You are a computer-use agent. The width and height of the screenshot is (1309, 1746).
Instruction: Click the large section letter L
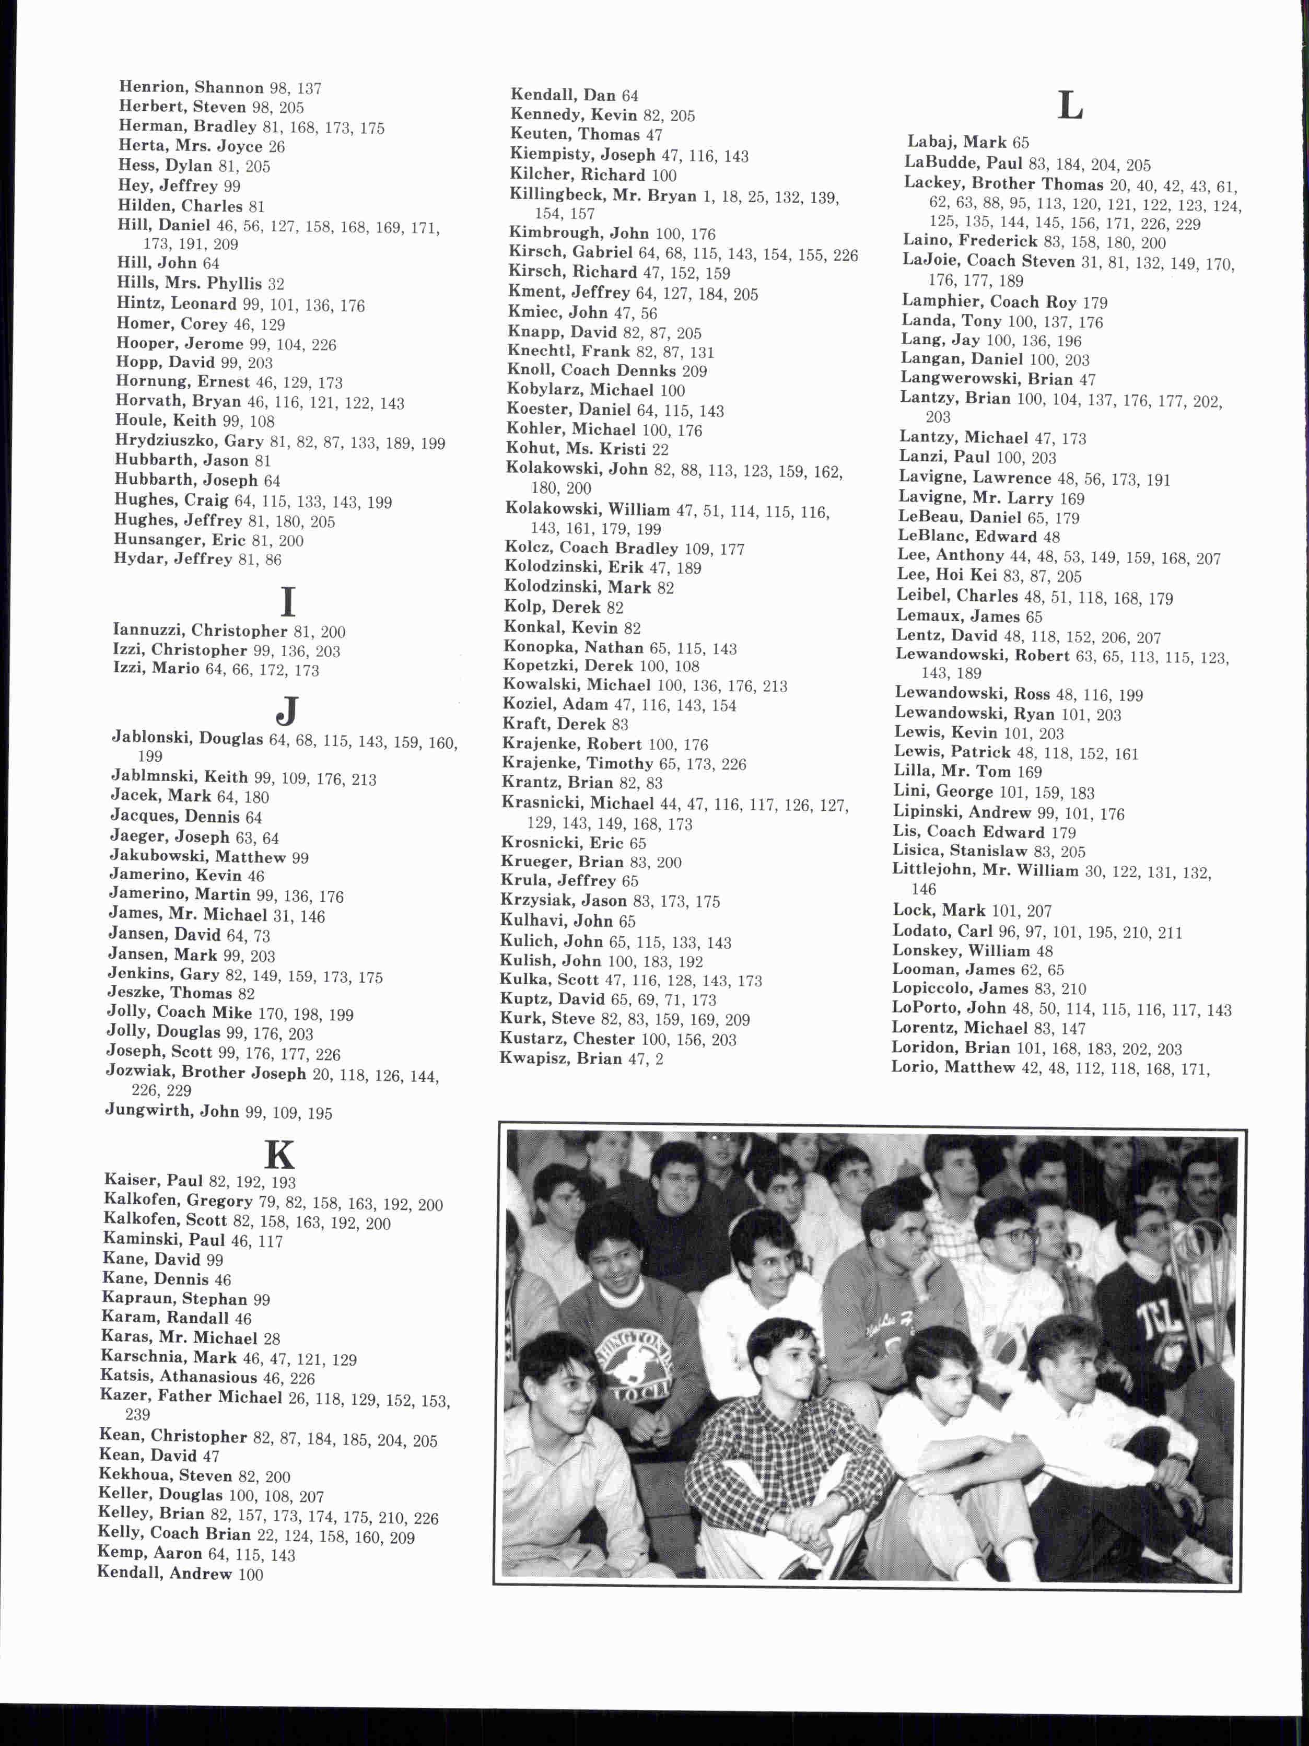click(x=1070, y=105)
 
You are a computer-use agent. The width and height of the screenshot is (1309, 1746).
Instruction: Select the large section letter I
click(x=288, y=602)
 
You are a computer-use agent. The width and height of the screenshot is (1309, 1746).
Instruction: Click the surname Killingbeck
click(x=557, y=195)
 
